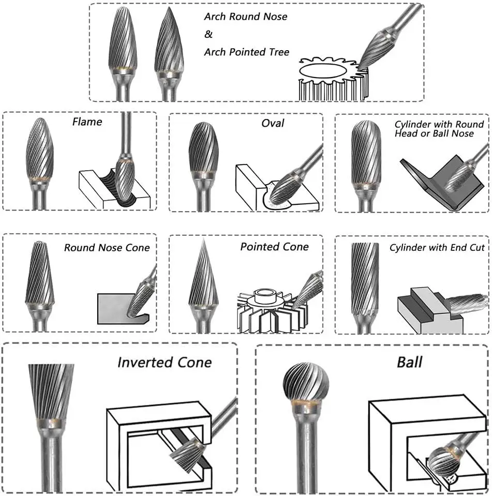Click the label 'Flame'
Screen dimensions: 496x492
click(87, 122)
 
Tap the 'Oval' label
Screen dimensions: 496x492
click(273, 124)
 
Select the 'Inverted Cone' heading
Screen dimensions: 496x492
click(165, 362)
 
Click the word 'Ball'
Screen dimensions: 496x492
click(409, 362)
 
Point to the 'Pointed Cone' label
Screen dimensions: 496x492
click(274, 247)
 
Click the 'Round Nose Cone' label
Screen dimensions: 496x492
click(107, 248)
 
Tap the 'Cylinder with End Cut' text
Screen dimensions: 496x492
click(437, 248)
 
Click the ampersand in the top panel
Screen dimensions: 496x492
click(208, 34)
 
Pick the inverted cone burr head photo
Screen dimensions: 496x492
click(51, 390)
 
